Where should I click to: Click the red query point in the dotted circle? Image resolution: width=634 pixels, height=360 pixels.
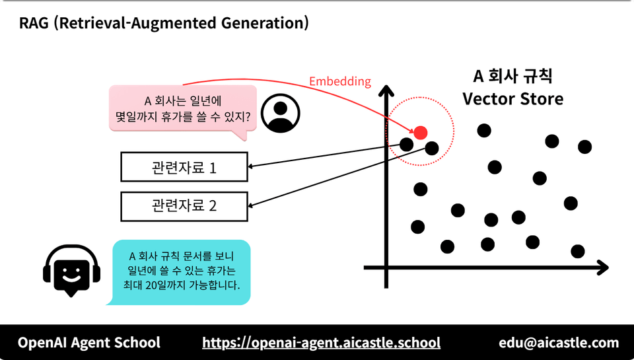[421, 132]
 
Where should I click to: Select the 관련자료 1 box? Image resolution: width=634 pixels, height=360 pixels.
[184, 168]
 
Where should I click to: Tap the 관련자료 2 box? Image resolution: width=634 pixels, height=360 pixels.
[184, 205]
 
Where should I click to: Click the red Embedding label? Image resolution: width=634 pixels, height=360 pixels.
[340, 81]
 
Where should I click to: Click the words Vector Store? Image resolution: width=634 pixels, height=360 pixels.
[512, 100]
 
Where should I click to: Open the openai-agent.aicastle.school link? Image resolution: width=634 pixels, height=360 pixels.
[321, 343]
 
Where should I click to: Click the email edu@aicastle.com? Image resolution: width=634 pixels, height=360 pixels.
[559, 343]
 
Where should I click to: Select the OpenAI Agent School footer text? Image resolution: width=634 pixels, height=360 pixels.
[89, 343]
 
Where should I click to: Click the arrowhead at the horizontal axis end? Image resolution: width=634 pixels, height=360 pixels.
[602, 268]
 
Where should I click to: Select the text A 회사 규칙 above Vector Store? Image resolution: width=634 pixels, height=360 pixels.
[512, 75]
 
